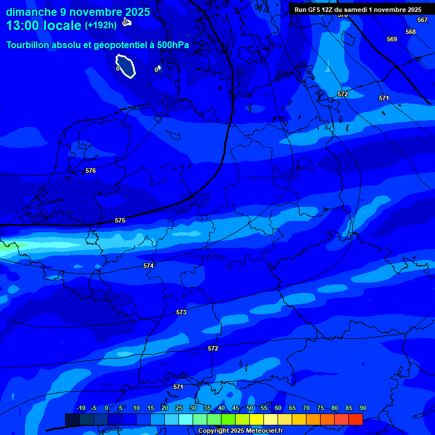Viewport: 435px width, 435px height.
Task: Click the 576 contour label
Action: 91,170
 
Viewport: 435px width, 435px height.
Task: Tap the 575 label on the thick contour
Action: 120,220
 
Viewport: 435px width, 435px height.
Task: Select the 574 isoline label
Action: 148,266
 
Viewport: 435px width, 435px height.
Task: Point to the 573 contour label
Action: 181,312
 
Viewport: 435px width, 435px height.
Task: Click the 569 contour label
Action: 392,39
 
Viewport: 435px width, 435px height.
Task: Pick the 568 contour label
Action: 411,32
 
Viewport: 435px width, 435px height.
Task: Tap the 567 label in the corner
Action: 423,20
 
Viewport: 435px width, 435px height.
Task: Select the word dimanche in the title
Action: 31,12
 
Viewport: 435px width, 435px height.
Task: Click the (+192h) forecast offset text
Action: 101,25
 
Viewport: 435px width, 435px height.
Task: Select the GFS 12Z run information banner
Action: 358,10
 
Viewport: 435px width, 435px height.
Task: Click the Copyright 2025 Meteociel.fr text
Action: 240,431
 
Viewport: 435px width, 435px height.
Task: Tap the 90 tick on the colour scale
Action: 362,408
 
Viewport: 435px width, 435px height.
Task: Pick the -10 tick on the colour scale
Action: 80,408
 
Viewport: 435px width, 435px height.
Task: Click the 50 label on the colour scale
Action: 249,408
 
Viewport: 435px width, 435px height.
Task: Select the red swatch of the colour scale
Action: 355,419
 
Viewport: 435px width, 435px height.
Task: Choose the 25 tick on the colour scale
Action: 178,408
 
